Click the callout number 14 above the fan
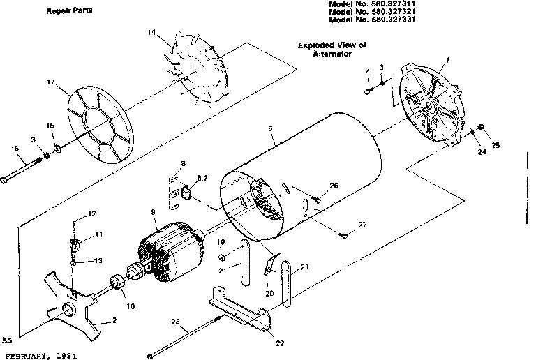coord(152,33)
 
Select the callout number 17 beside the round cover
coord(51,82)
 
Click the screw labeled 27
coord(344,235)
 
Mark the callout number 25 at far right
coord(496,146)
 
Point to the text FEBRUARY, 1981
coord(38,355)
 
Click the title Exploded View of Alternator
coord(332,48)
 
